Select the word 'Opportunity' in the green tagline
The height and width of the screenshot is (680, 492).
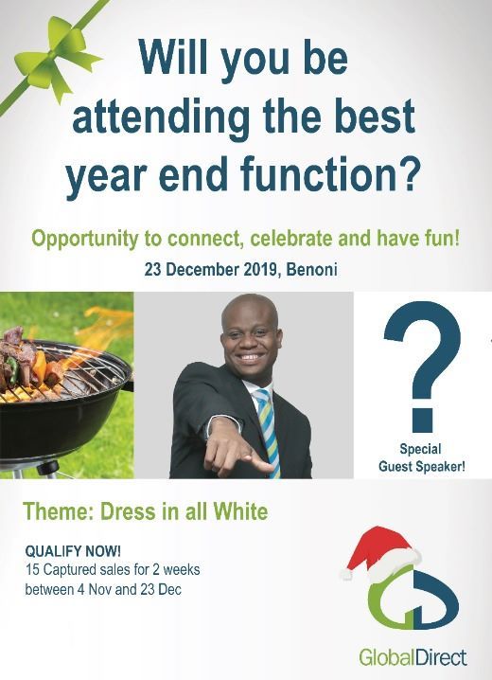84,238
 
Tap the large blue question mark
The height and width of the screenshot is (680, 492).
422,366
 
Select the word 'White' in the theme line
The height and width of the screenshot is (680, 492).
237,512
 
